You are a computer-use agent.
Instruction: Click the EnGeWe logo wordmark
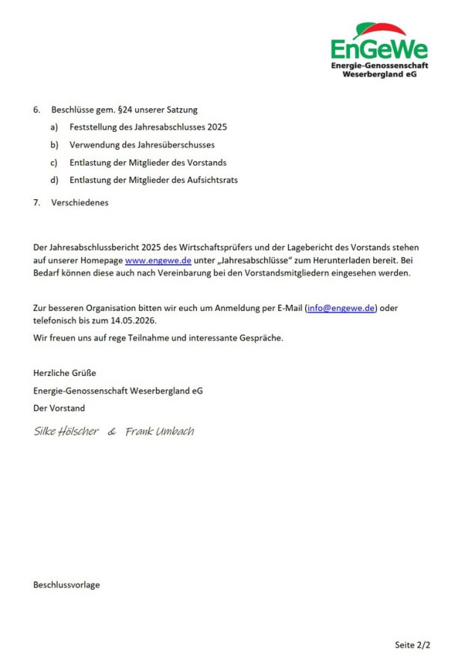[379, 50]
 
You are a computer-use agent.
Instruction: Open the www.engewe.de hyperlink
[158, 260]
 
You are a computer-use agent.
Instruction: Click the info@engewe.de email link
[341, 308]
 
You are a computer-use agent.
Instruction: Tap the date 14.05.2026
[135, 321]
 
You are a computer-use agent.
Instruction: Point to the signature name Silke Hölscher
[66, 432]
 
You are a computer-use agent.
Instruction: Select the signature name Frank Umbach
[160, 432]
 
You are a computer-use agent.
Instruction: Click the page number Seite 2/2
[413, 644]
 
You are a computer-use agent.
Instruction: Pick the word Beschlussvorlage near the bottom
[66, 585]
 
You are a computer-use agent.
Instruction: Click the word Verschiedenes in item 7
[80, 202]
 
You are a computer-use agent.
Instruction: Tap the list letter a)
[54, 127]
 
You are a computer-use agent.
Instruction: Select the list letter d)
[54, 180]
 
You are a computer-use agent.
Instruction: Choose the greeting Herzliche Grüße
[65, 373]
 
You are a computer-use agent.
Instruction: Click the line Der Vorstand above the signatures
[59, 408]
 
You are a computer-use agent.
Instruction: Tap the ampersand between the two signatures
[112, 432]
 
